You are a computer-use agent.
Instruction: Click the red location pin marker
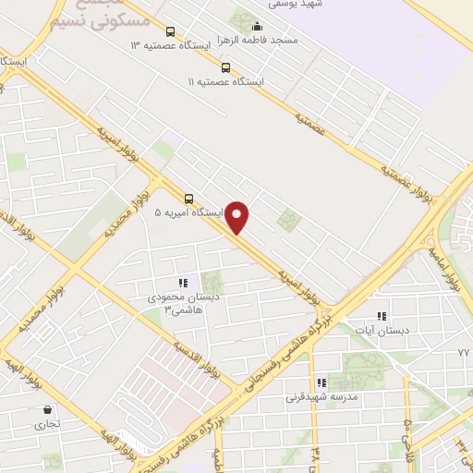pyautogui.click(x=238, y=218)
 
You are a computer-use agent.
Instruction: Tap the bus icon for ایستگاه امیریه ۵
pyautogui.click(x=189, y=198)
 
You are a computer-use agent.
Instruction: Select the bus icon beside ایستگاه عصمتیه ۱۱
pyautogui.click(x=226, y=67)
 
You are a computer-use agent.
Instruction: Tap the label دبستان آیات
pyautogui.click(x=387, y=329)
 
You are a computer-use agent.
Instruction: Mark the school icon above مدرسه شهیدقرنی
pyautogui.click(x=321, y=382)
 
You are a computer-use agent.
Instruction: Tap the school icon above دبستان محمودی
pyautogui.click(x=182, y=283)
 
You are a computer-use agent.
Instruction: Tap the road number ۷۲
pyautogui.click(x=463, y=354)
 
